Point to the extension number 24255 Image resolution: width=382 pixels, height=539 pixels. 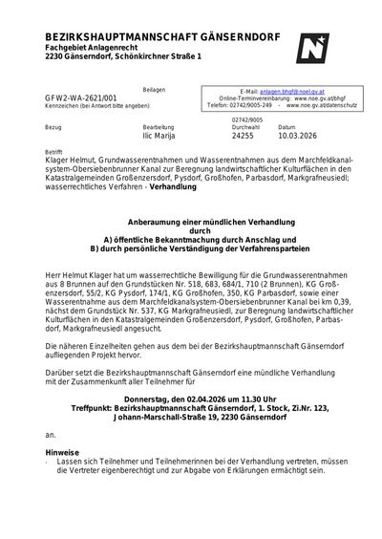(x=245, y=135)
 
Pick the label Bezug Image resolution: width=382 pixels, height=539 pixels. (x=53, y=126)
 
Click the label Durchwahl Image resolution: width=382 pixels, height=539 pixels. (x=245, y=126)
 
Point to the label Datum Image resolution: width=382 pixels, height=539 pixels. (x=286, y=126)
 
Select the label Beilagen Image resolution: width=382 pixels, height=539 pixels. (x=140, y=88)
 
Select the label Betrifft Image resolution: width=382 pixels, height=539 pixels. (x=54, y=151)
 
